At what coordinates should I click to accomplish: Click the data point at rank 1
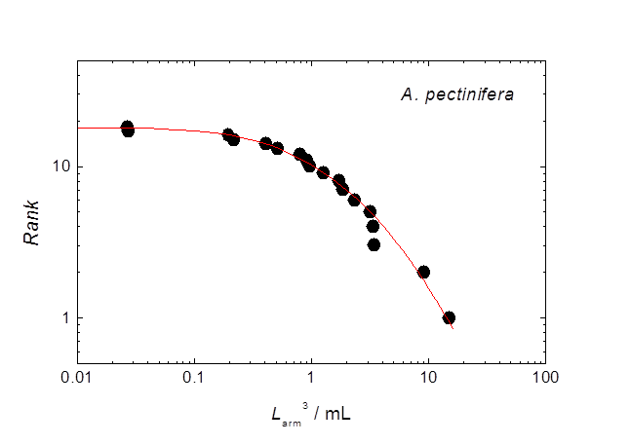[x=449, y=317]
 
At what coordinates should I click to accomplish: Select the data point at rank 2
[x=423, y=272]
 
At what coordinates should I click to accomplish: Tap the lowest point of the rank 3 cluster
[x=374, y=244]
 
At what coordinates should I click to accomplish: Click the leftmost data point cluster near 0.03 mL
[x=127, y=129]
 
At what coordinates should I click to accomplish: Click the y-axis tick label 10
[x=59, y=166]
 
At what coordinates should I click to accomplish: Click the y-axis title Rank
[x=35, y=223]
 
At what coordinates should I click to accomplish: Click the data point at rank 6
[x=354, y=200]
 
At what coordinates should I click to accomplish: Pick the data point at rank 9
[x=323, y=172]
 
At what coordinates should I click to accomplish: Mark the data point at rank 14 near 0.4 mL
[x=265, y=143]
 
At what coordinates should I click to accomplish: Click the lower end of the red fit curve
[x=453, y=328]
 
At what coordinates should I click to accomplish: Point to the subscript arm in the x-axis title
[x=289, y=418]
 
